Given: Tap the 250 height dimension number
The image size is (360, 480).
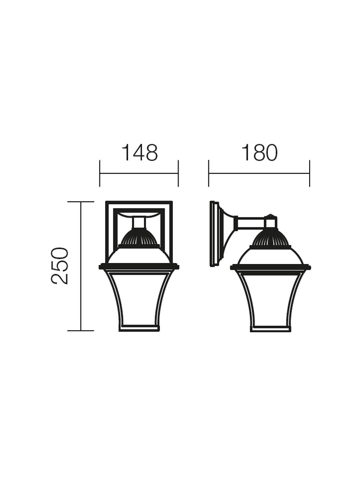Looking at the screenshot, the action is [60, 266].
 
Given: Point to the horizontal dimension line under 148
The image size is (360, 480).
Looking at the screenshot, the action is [139, 173].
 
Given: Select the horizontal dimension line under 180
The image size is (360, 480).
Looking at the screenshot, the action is [259, 173].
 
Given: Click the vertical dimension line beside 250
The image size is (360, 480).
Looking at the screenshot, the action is [81, 266].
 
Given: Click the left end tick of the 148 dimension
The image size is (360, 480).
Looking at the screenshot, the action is [100, 173].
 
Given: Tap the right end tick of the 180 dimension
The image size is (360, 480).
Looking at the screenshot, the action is [310, 173].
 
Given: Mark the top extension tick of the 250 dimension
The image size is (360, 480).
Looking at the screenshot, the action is [81, 202].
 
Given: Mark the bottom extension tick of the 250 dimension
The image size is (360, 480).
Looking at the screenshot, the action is [81, 331].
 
